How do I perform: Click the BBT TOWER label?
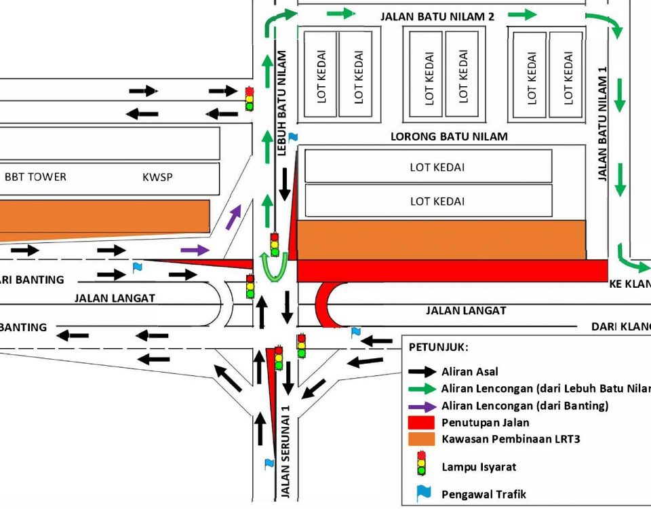(x=35, y=177)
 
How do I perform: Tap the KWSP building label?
(x=157, y=177)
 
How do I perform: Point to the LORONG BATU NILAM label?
(x=449, y=136)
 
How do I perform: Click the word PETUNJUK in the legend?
(x=438, y=347)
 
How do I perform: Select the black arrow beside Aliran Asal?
(x=422, y=372)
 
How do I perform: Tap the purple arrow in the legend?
(x=422, y=406)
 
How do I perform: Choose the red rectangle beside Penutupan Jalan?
(x=421, y=423)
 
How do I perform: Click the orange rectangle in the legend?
(x=421, y=439)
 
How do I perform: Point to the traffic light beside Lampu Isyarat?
(x=421, y=463)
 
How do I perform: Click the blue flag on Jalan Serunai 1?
(x=269, y=464)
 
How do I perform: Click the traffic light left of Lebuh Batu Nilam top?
(x=249, y=98)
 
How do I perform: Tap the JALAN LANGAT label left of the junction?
(x=115, y=297)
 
